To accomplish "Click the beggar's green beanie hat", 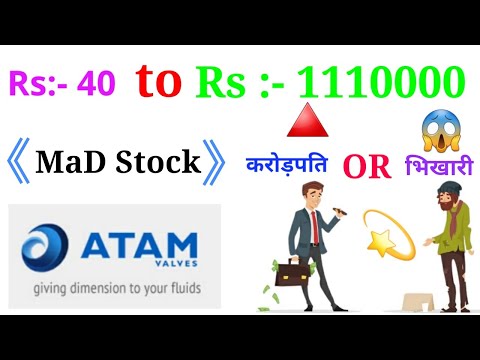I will pos(436,199).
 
